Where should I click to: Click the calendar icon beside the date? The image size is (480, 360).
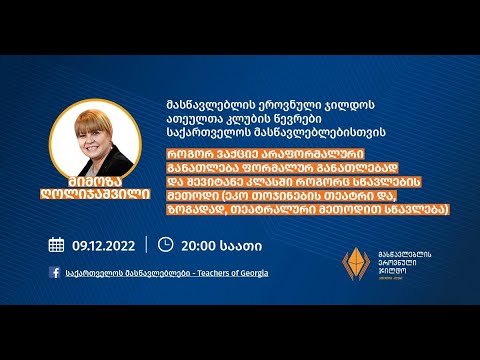click(56, 244)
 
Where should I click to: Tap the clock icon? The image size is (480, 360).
click(165, 244)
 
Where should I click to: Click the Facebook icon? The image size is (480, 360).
click(54, 272)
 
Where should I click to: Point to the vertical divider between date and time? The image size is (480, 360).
click(146, 244)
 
